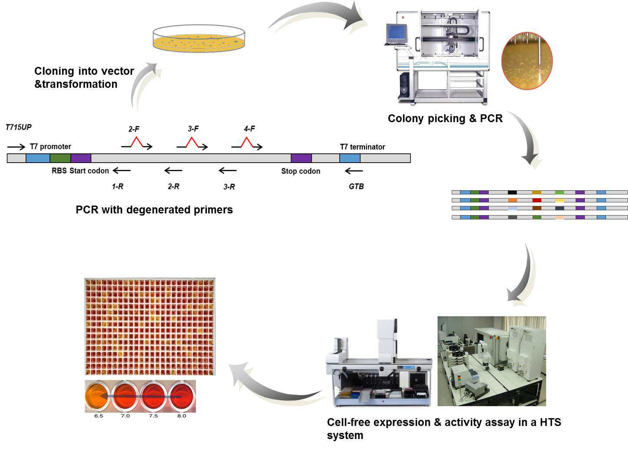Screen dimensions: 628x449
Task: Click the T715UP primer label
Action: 19,127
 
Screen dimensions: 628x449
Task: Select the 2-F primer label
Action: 134,129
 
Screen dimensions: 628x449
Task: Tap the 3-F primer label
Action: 193,129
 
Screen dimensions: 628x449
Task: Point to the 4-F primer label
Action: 249,129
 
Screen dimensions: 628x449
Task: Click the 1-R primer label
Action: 117,186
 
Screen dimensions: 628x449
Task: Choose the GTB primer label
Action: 356,186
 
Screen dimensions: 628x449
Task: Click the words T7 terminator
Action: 363,147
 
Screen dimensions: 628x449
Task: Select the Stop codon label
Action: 301,171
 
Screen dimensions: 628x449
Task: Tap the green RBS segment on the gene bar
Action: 60,158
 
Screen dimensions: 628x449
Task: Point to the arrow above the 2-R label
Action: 173,170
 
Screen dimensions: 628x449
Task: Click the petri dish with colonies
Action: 199,38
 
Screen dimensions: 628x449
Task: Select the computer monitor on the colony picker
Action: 396,33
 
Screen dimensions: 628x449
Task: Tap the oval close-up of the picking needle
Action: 527,61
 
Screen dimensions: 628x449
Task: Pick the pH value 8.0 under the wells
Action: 182,416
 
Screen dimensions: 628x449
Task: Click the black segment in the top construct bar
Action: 512,193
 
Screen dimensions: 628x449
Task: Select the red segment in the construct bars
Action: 537,200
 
